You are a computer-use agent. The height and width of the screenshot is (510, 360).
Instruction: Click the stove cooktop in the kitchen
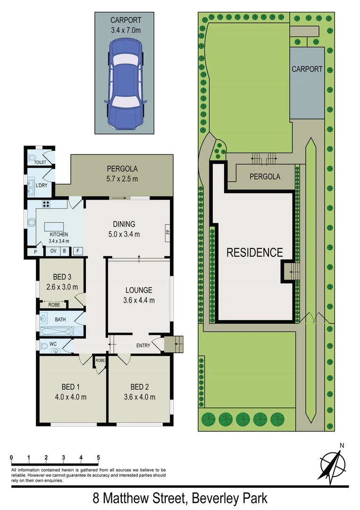point(48,205)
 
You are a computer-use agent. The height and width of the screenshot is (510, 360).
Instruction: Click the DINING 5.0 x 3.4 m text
point(124,229)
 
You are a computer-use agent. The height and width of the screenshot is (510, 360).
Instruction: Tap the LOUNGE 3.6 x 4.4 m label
point(139,295)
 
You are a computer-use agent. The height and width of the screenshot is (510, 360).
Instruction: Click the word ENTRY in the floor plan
point(143,346)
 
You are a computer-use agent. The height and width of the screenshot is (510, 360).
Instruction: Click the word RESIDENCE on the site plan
point(254,253)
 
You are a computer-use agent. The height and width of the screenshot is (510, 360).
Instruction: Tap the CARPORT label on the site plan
point(307,69)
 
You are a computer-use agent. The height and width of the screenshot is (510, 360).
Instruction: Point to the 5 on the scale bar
point(98,458)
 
